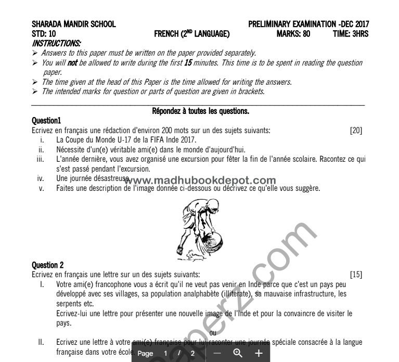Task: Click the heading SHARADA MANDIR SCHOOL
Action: pos(74,24)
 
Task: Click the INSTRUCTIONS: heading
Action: pos(56,43)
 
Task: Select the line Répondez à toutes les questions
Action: pos(200,111)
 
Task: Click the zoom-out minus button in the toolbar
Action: pos(217,353)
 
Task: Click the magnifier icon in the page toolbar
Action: pos(238,353)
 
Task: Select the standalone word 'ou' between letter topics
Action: pos(212,332)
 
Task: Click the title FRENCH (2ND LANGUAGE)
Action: pos(192,34)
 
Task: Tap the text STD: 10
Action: pos(44,34)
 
